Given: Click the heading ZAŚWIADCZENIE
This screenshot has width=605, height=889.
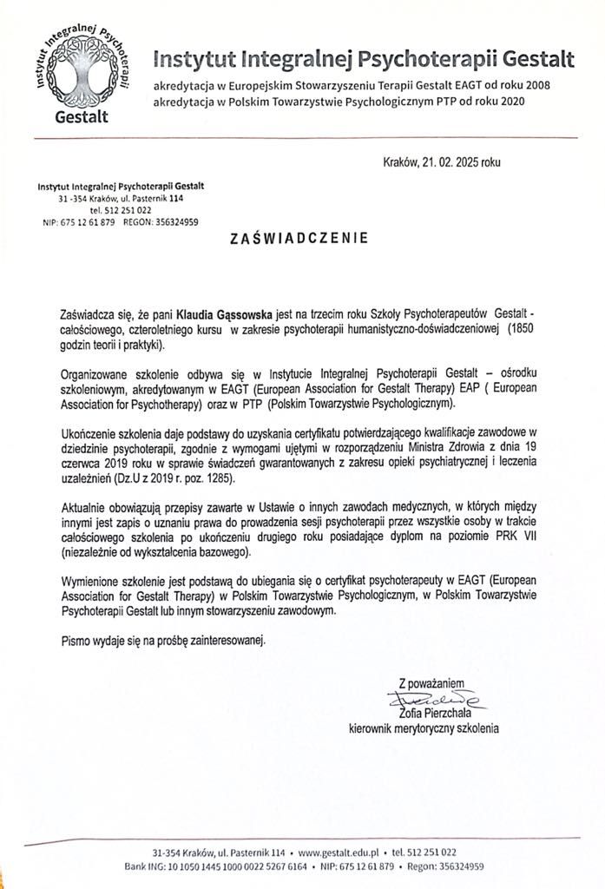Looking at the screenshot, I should tap(299, 236).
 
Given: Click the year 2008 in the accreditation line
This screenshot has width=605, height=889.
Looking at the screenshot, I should tap(536, 85).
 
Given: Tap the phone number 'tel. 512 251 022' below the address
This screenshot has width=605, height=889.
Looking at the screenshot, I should tap(121, 210).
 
